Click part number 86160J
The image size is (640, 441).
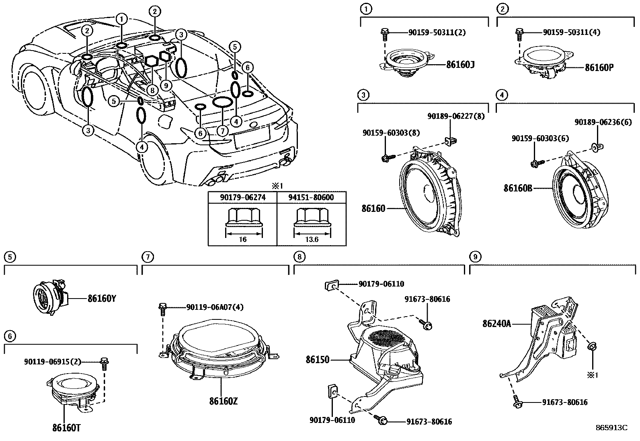pyautogui.click(x=460, y=64)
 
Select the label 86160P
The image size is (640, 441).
pyautogui.click(x=599, y=67)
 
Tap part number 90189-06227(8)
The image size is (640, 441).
pyautogui.click(x=456, y=116)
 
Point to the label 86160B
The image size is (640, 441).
pyautogui.click(x=518, y=188)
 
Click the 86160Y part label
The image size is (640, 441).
pyautogui.click(x=102, y=299)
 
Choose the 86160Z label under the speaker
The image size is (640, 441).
pyautogui.click(x=223, y=401)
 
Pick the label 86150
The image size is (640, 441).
pyautogui.click(x=317, y=360)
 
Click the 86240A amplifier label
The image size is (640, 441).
pyautogui.click(x=496, y=323)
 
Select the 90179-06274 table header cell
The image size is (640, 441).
pyautogui.click(x=242, y=197)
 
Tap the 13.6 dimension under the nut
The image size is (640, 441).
pyautogui.click(x=312, y=240)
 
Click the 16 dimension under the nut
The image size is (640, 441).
pyautogui.click(x=242, y=240)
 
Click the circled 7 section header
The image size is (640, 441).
pyautogui.click(x=148, y=256)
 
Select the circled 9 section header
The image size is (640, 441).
pyautogui.click(x=475, y=256)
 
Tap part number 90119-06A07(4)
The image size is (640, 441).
pyautogui.click(x=215, y=307)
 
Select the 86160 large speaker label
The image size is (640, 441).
pyautogui.click(x=373, y=208)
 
